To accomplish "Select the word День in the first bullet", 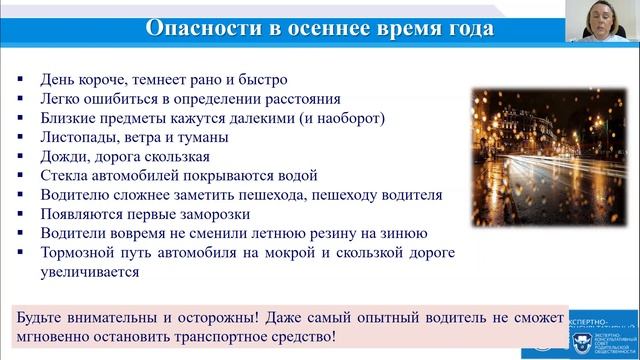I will [x=57, y=78].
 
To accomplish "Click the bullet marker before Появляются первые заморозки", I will [x=23, y=214].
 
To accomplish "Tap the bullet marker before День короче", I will [x=23, y=79].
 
